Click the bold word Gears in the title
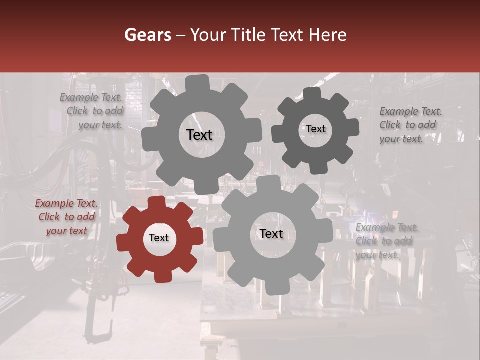[147, 35]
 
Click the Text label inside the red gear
[159, 238]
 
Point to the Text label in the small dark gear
[316, 129]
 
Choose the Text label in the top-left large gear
[199, 135]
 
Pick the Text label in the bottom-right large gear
[271, 234]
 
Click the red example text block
[66, 217]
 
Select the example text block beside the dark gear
[410, 125]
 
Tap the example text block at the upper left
[91, 111]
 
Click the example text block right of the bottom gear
[387, 241]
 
